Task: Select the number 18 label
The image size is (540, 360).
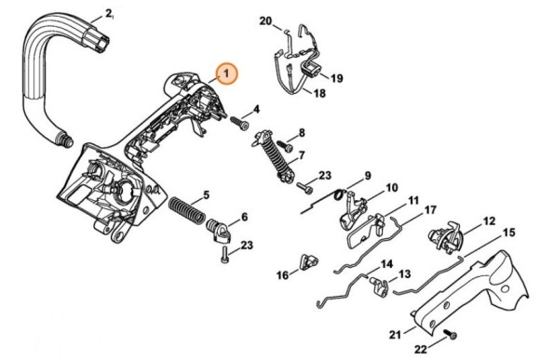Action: point(318,94)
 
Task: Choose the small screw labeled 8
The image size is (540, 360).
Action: point(290,146)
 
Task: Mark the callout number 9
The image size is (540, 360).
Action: point(367,176)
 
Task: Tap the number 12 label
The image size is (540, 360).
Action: point(489,222)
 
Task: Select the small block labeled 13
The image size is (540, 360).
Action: point(381,284)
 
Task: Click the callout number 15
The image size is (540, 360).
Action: point(508,232)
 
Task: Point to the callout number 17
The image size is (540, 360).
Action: point(431,210)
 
